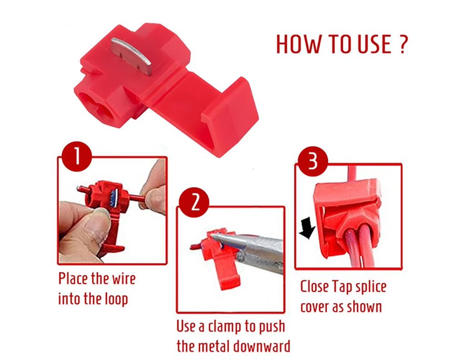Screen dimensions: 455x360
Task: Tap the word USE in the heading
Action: tap(374, 45)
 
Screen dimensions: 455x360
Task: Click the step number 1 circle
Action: tap(76, 157)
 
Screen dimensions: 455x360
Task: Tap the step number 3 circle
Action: tap(313, 162)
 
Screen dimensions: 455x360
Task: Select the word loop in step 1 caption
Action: tap(116, 299)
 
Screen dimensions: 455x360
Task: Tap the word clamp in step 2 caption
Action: tap(224, 327)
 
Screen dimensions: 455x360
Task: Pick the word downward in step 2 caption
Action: tap(262, 346)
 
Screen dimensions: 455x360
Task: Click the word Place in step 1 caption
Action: tap(73, 279)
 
